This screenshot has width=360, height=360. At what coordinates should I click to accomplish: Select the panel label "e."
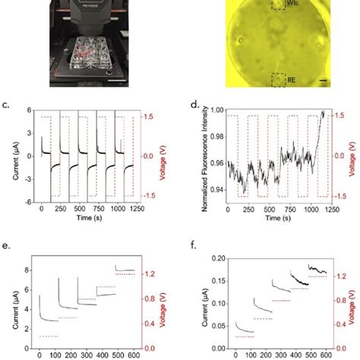7,247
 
